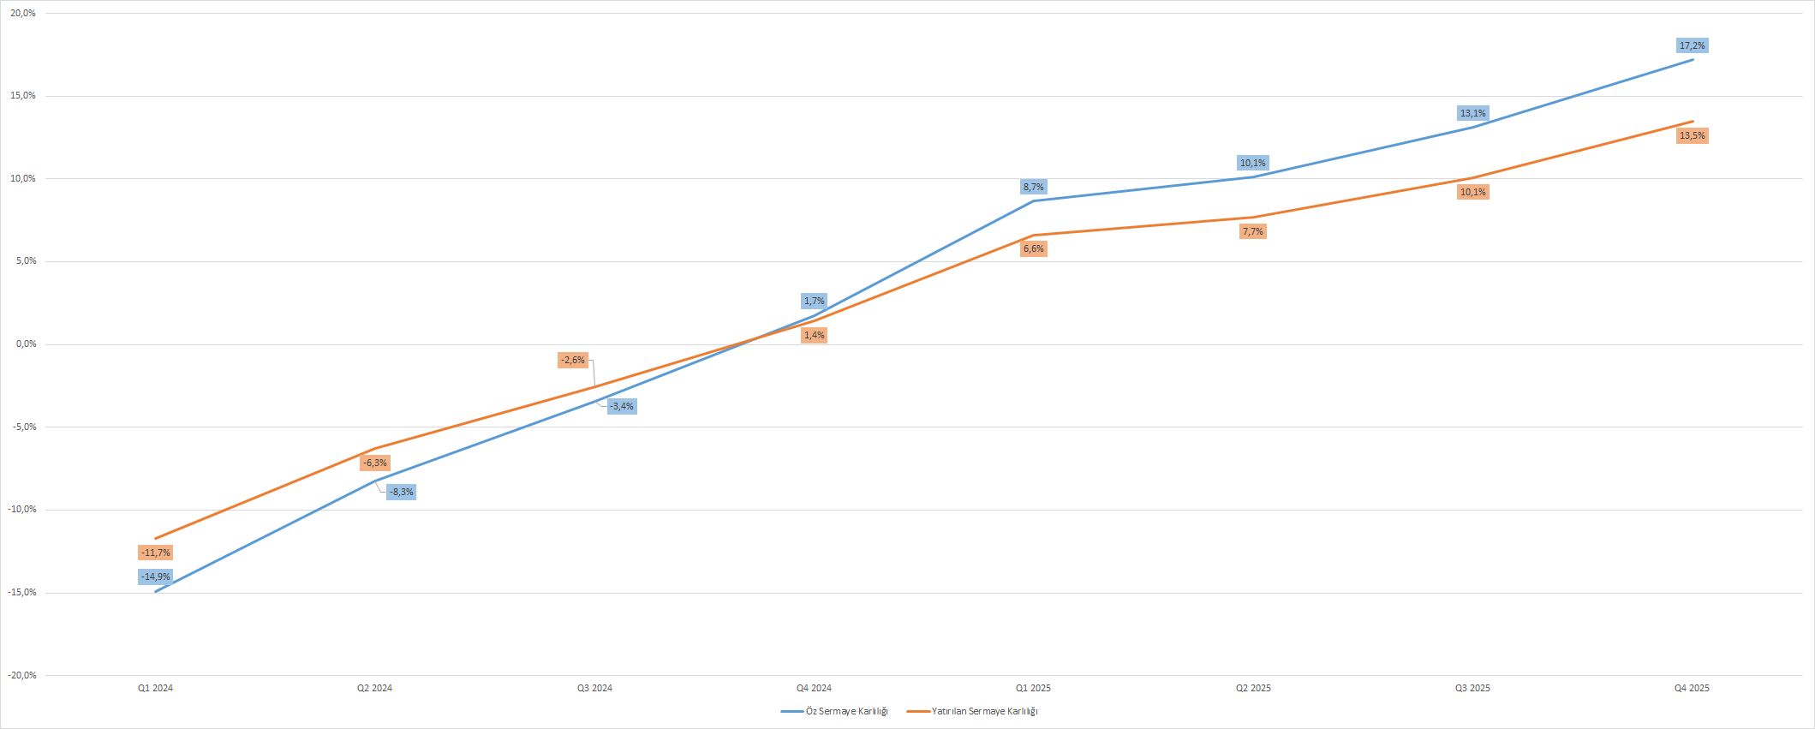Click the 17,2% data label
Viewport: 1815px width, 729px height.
point(1692,45)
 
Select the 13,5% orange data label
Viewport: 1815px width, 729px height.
point(1692,135)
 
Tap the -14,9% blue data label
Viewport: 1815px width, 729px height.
point(156,577)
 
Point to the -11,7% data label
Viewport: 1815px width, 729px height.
point(156,553)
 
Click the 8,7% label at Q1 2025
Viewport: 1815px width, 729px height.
point(1033,187)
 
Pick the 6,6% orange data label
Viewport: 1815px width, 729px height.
point(1033,248)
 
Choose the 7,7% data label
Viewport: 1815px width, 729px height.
point(1252,231)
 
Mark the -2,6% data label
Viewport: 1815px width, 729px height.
point(573,360)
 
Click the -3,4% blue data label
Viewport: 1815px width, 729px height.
point(622,406)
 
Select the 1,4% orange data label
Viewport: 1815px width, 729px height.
point(814,335)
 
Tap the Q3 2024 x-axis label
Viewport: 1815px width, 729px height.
point(594,688)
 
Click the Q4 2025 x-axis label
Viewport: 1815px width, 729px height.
point(1692,688)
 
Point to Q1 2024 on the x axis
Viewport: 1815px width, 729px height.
point(156,688)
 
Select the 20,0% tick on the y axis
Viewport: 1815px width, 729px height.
point(23,13)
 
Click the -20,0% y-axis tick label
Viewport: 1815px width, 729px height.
point(22,675)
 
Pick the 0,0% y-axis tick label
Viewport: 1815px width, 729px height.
point(26,344)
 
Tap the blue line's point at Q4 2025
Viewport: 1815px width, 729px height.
point(1693,59)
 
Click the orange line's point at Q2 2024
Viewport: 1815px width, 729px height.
point(375,448)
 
